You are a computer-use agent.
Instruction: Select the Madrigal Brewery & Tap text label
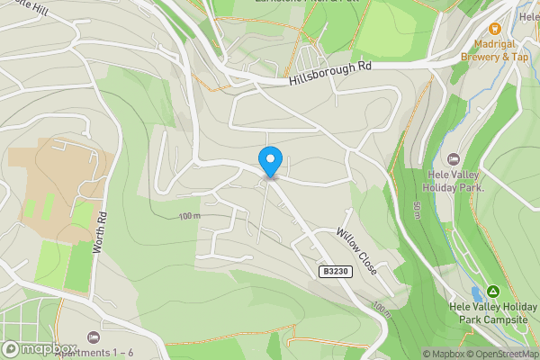click(494, 50)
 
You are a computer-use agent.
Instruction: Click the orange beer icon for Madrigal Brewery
click(494, 30)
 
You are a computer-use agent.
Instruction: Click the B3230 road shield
click(333, 271)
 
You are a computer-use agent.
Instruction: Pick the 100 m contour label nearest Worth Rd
click(189, 216)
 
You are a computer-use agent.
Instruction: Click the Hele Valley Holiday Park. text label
click(454, 181)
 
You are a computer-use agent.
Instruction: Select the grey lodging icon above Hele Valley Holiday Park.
click(453, 159)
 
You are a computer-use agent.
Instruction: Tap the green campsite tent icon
click(493, 292)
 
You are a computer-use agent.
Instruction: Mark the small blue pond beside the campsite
click(475, 295)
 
